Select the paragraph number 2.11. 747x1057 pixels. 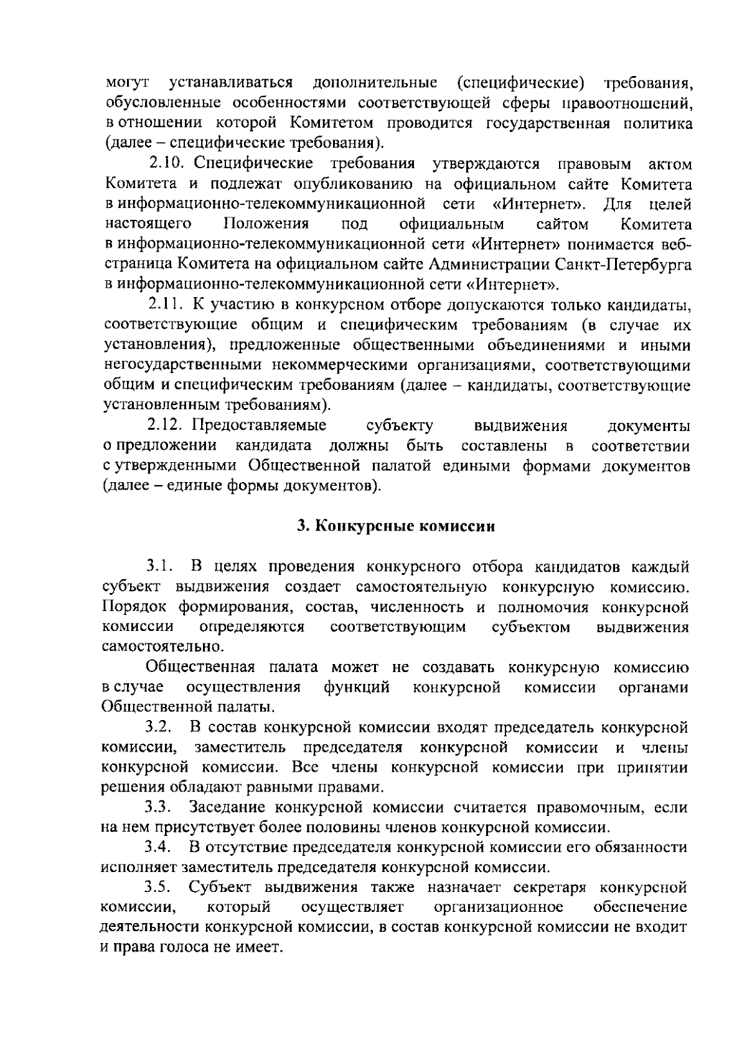pos(164,305)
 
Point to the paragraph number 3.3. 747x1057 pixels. pos(158,808)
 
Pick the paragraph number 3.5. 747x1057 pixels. pos(158,887)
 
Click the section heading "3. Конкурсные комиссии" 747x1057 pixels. pos(396,526)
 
